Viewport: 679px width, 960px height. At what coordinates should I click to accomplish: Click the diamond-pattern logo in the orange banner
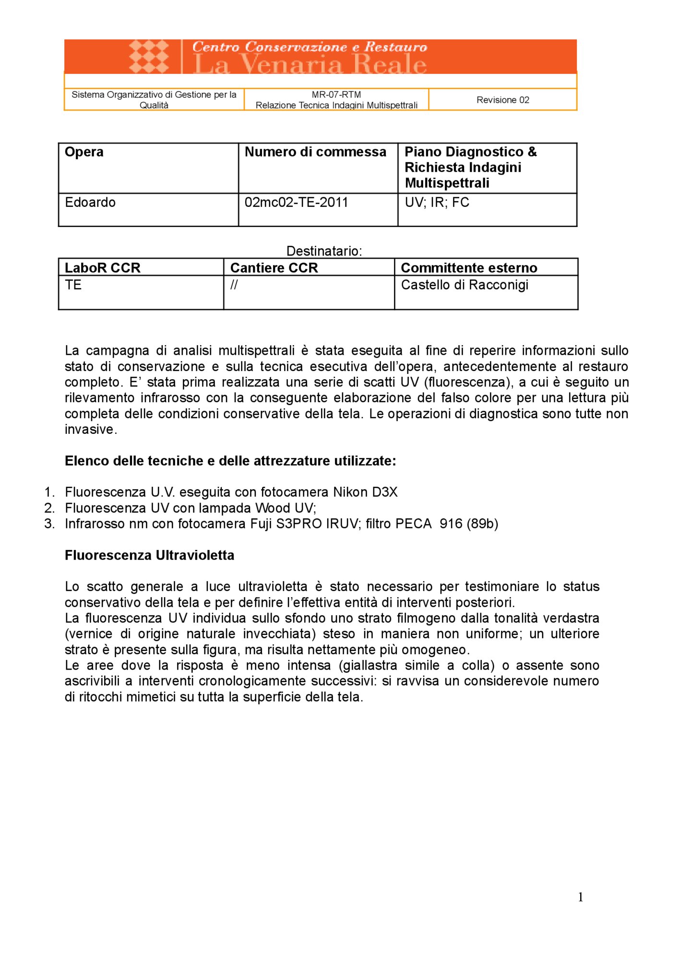149,57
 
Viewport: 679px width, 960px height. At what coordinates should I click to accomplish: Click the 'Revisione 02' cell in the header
502,100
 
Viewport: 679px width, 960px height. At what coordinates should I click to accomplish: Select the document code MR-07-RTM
336,95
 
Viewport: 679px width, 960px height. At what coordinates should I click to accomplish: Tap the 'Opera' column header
84,152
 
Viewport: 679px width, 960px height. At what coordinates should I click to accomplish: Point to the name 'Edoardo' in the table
90,203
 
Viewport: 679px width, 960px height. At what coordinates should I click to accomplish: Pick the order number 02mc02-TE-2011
296,203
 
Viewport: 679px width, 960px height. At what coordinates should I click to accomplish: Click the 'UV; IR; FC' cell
437,203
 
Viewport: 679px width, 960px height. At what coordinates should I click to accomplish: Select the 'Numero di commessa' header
315,152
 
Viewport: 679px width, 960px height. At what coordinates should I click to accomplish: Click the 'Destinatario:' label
324,251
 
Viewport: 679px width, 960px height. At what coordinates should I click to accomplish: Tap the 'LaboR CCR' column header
103,268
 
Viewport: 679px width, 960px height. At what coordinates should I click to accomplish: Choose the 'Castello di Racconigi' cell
465,285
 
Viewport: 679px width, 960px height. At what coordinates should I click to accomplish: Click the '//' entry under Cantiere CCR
234,285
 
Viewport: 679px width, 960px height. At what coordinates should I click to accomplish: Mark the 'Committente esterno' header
469,268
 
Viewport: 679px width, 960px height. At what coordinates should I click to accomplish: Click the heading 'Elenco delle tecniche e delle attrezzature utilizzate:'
230,461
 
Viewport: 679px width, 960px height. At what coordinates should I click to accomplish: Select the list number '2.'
49,508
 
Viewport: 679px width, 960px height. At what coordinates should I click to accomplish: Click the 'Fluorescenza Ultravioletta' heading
149,555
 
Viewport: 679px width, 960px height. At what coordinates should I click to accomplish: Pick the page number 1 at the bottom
581,897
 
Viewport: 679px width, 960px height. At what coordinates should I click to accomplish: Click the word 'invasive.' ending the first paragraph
91,430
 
